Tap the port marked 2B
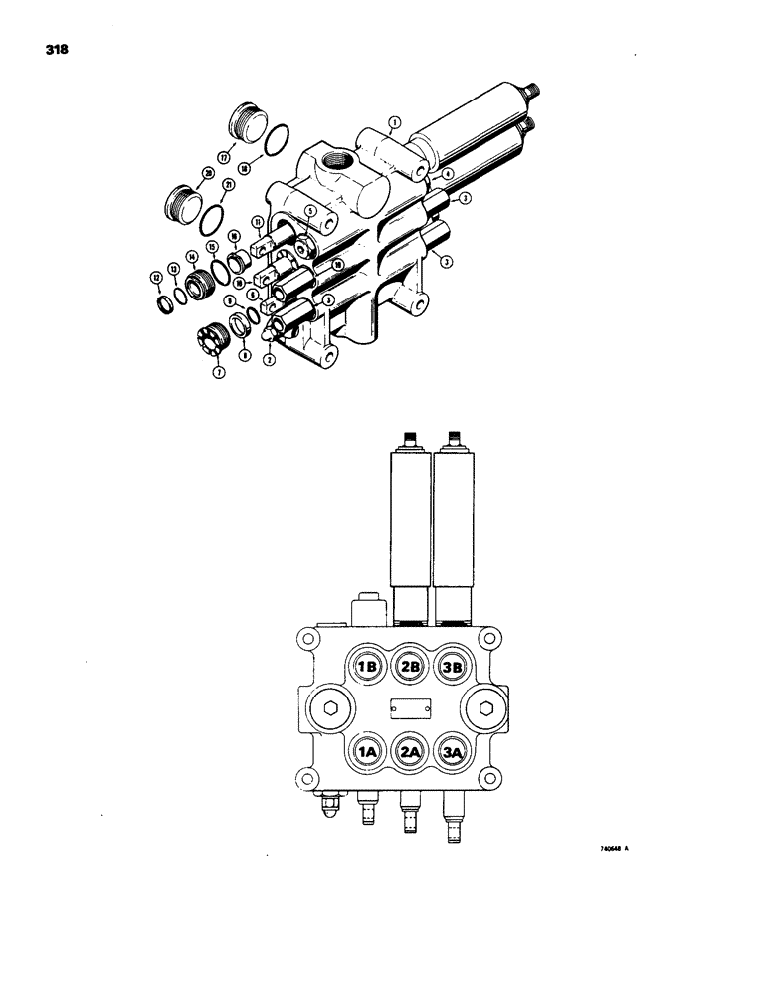pos(411,668)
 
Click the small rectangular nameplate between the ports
pos(411,710)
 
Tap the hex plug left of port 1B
pos(327,709)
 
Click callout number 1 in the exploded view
pos(393,123)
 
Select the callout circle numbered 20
pos(208,173)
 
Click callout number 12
pos(156,277)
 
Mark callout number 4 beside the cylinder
pos(448,174)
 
